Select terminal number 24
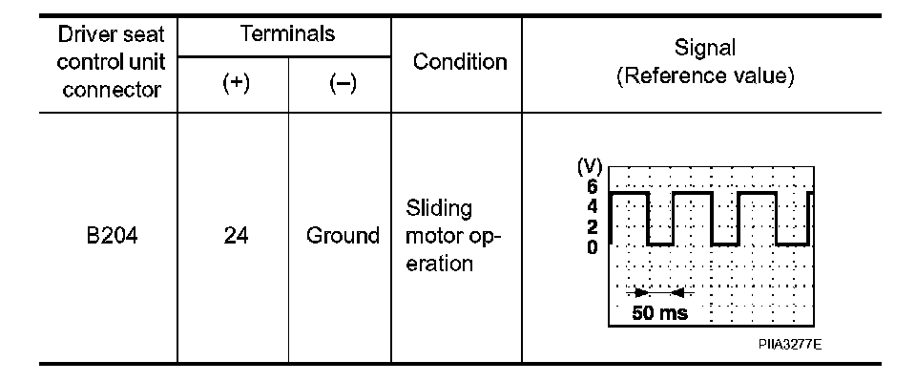[x=233, y=235]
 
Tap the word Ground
[x=342, y=235]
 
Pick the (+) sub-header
[x=233, y=83]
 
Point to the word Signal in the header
[x=705, y=48]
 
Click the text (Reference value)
[x=705, y=75]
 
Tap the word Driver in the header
[x=79, y=36]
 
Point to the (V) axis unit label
[x=588, y=170]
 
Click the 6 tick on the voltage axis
[x=593, y=186]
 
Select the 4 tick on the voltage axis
[x=593, y=205]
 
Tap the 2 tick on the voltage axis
[x=593, y=226]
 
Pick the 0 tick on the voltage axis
[x=593, y=246]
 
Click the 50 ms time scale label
[x=658, y=312]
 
